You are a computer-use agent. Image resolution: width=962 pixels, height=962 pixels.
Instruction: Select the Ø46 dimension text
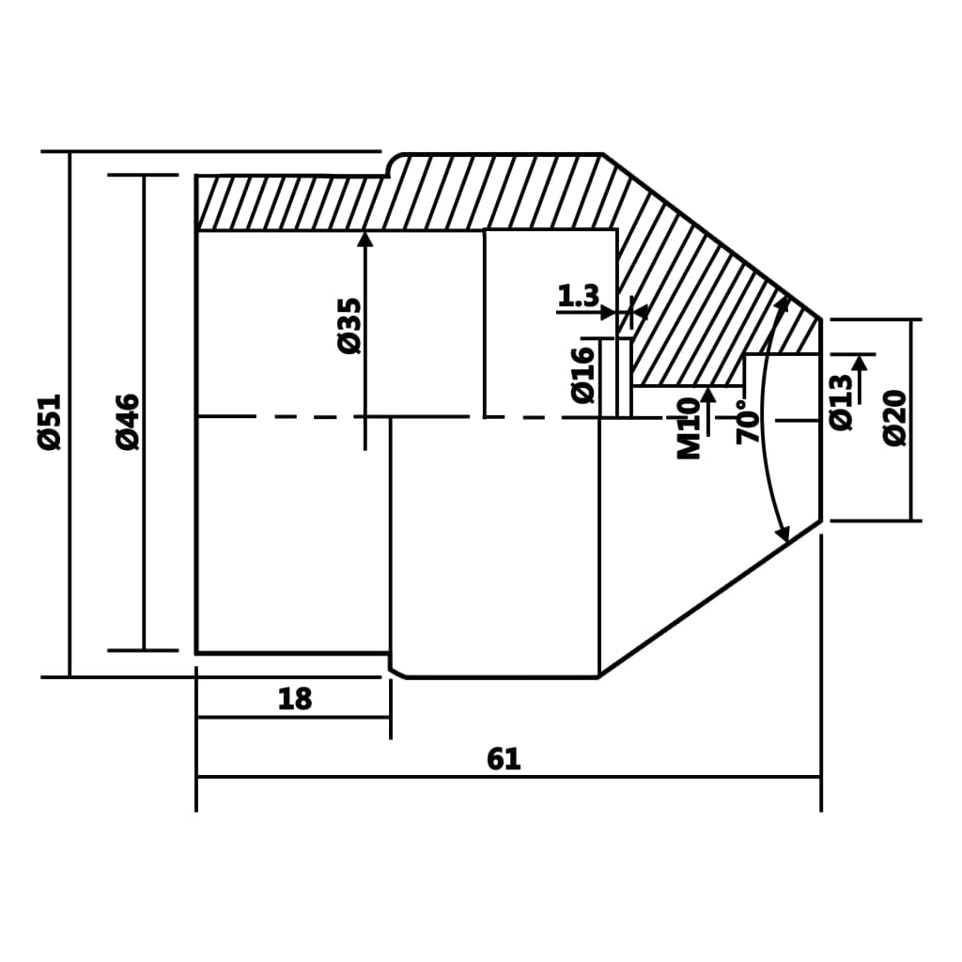coord(128,422)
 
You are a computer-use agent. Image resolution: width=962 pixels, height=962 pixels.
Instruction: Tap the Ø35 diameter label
coord(349,325)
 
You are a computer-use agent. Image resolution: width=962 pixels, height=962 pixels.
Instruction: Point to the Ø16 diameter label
coord(583,375)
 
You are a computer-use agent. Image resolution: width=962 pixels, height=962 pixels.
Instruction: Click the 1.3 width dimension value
coord(578,297)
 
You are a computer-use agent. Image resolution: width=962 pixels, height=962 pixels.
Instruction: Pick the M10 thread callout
coord(690,428)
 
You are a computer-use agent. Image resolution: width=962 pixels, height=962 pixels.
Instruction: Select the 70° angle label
coord(748,422)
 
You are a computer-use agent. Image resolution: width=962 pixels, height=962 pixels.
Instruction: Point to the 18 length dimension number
coord(295,699)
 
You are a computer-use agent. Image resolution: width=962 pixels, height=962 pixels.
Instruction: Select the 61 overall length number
coord(504,759)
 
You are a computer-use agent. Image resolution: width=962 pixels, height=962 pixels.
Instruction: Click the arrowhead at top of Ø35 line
coord(365,239)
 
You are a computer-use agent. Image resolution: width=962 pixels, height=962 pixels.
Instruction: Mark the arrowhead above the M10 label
coord(708,396)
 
